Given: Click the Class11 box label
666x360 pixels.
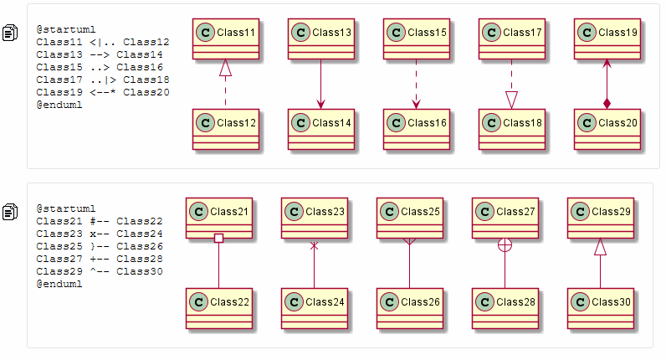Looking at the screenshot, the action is click(236, 33).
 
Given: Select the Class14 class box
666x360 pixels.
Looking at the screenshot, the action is click(321, 129).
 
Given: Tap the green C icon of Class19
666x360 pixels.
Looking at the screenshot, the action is click(587, 33).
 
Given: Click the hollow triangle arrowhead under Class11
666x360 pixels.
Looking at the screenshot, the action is click(226, 68).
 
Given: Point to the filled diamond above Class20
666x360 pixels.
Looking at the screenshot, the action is click(607, 103).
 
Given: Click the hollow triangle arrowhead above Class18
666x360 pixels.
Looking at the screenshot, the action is click(512, 100).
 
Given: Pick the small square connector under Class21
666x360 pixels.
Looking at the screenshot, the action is click(218, 238).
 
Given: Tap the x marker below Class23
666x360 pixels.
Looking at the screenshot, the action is click(315, 245).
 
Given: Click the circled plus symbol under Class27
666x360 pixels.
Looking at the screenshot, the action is click(505, 244).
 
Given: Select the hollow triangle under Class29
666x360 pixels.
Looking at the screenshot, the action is click(600, 246).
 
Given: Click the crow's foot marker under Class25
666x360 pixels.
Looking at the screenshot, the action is click(409, 242).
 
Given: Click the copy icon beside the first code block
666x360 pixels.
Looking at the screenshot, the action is click(10, 33).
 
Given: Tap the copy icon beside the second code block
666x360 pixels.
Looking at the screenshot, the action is click(10, 212).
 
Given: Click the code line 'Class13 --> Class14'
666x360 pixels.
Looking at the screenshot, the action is click(100, 54).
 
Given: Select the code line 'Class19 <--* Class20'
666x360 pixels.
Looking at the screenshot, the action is click(103, 92).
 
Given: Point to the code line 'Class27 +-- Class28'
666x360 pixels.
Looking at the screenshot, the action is click(100, 259).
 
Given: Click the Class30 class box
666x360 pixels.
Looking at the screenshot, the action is click(601, 309).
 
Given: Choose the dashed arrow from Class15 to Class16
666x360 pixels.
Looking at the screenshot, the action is click(417, 85).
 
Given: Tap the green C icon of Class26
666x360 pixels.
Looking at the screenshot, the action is click(390, 301).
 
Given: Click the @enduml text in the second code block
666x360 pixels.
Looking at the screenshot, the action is click(59, 284).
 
